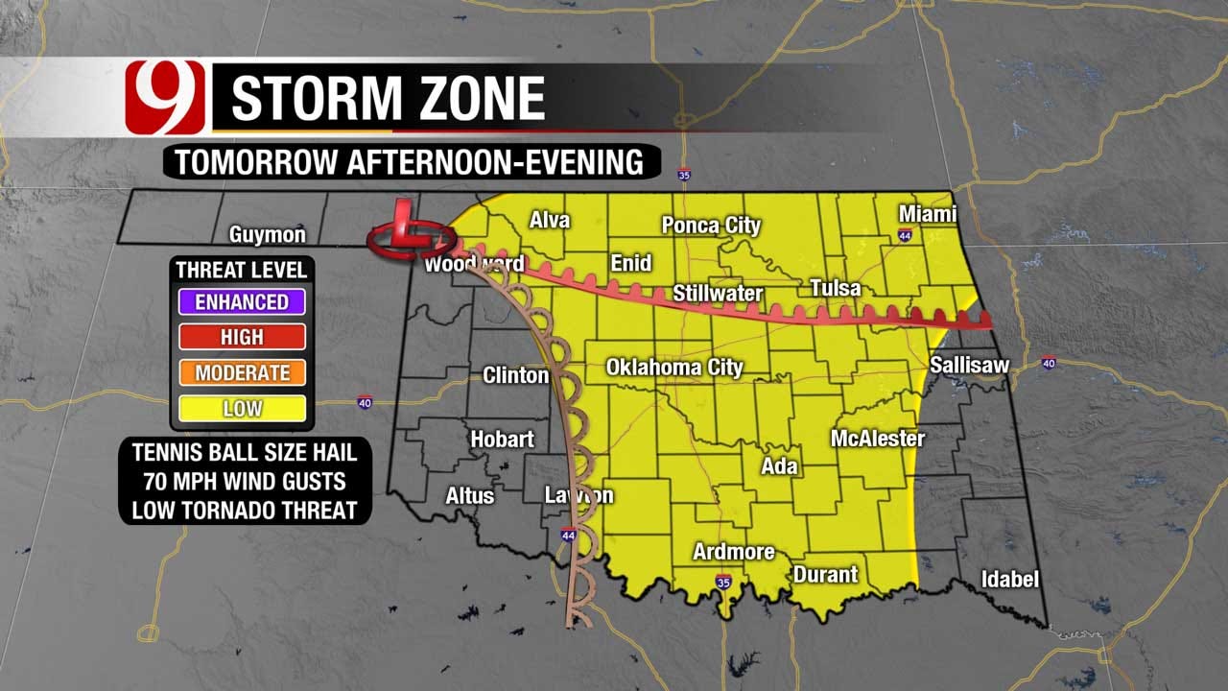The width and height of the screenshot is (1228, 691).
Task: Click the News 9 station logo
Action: point(165,97)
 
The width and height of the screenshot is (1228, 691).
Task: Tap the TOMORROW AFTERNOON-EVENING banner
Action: point(410,162)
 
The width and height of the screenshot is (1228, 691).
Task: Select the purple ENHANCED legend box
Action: point(241,302)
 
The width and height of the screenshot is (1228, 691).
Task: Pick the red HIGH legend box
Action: point(241,338)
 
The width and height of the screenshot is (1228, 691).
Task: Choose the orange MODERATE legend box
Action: point(241,373)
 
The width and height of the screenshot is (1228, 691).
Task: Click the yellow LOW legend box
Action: point(241,409)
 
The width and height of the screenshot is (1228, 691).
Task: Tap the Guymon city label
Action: point(267,235)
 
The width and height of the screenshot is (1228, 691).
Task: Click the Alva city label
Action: point(550,221)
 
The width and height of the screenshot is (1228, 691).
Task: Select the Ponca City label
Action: point(711,226)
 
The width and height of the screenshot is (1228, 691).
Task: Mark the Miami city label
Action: point(927,214)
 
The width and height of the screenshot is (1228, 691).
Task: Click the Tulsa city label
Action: point(835,289)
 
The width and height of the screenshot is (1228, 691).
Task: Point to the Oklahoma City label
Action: point(674,368)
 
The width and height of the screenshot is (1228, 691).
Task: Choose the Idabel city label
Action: point(1009,580)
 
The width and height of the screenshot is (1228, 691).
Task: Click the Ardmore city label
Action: point(734,552)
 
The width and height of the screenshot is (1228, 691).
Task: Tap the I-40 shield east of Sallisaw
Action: point(1048,363)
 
